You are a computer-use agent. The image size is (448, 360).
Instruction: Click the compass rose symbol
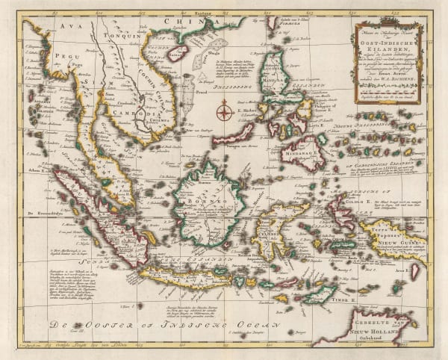(x=223, y=113)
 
